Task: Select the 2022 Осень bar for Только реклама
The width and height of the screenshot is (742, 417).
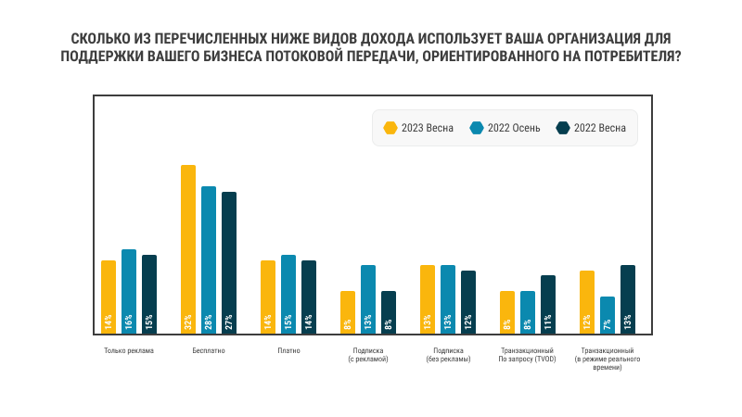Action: point(129,291)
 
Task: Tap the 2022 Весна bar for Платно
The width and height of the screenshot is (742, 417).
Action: point(309,297)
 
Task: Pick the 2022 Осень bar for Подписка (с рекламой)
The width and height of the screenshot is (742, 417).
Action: point(368,298)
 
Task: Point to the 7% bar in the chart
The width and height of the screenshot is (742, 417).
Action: point(608,315)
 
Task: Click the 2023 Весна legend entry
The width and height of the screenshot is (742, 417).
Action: point(418,128)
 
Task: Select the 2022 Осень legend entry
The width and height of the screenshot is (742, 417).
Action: point(505,128)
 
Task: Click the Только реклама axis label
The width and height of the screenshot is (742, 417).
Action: point(129,351)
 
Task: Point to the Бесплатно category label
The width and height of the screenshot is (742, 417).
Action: point(209,351)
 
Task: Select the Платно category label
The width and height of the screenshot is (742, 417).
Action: point(288,351)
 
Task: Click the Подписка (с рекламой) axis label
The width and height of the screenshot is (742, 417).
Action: point(368,355)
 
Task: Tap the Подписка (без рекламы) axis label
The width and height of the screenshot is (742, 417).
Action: point(448,355)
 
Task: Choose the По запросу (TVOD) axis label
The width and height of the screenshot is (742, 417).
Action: point(528,359)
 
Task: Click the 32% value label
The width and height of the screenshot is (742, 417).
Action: point(188,322)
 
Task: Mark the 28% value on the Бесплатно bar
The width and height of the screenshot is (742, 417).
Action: point(209,322)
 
